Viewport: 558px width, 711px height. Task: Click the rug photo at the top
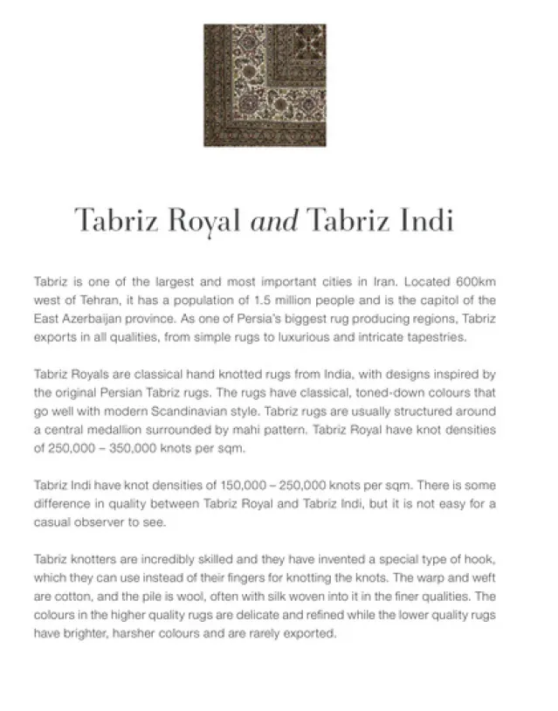point(265,85)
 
